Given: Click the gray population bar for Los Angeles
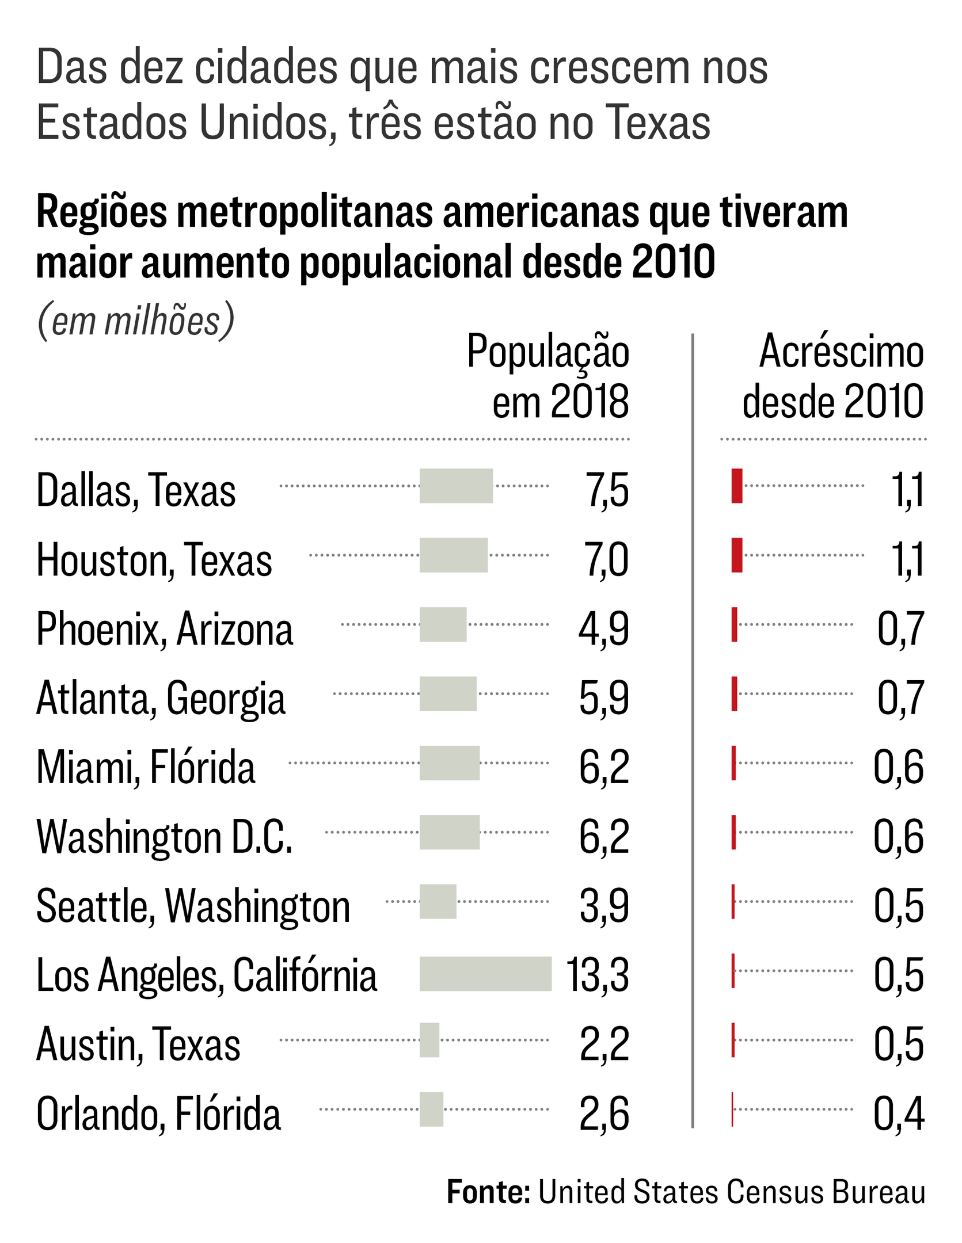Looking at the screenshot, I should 485,974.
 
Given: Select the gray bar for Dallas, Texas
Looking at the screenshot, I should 456,486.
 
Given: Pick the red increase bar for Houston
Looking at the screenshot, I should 736,555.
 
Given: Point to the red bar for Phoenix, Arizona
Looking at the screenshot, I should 734,624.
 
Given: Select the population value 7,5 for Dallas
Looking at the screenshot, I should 607,490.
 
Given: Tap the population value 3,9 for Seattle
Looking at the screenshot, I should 604,906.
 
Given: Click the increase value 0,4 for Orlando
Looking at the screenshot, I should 898,1114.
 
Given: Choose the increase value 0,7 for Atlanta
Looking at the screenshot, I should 900,697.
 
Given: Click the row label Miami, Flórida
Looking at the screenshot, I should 146,767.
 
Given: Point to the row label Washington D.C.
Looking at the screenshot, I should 165,837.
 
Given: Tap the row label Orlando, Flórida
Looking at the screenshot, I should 158,1114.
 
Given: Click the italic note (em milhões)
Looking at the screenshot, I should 136,320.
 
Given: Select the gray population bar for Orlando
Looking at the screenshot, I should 431,1109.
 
